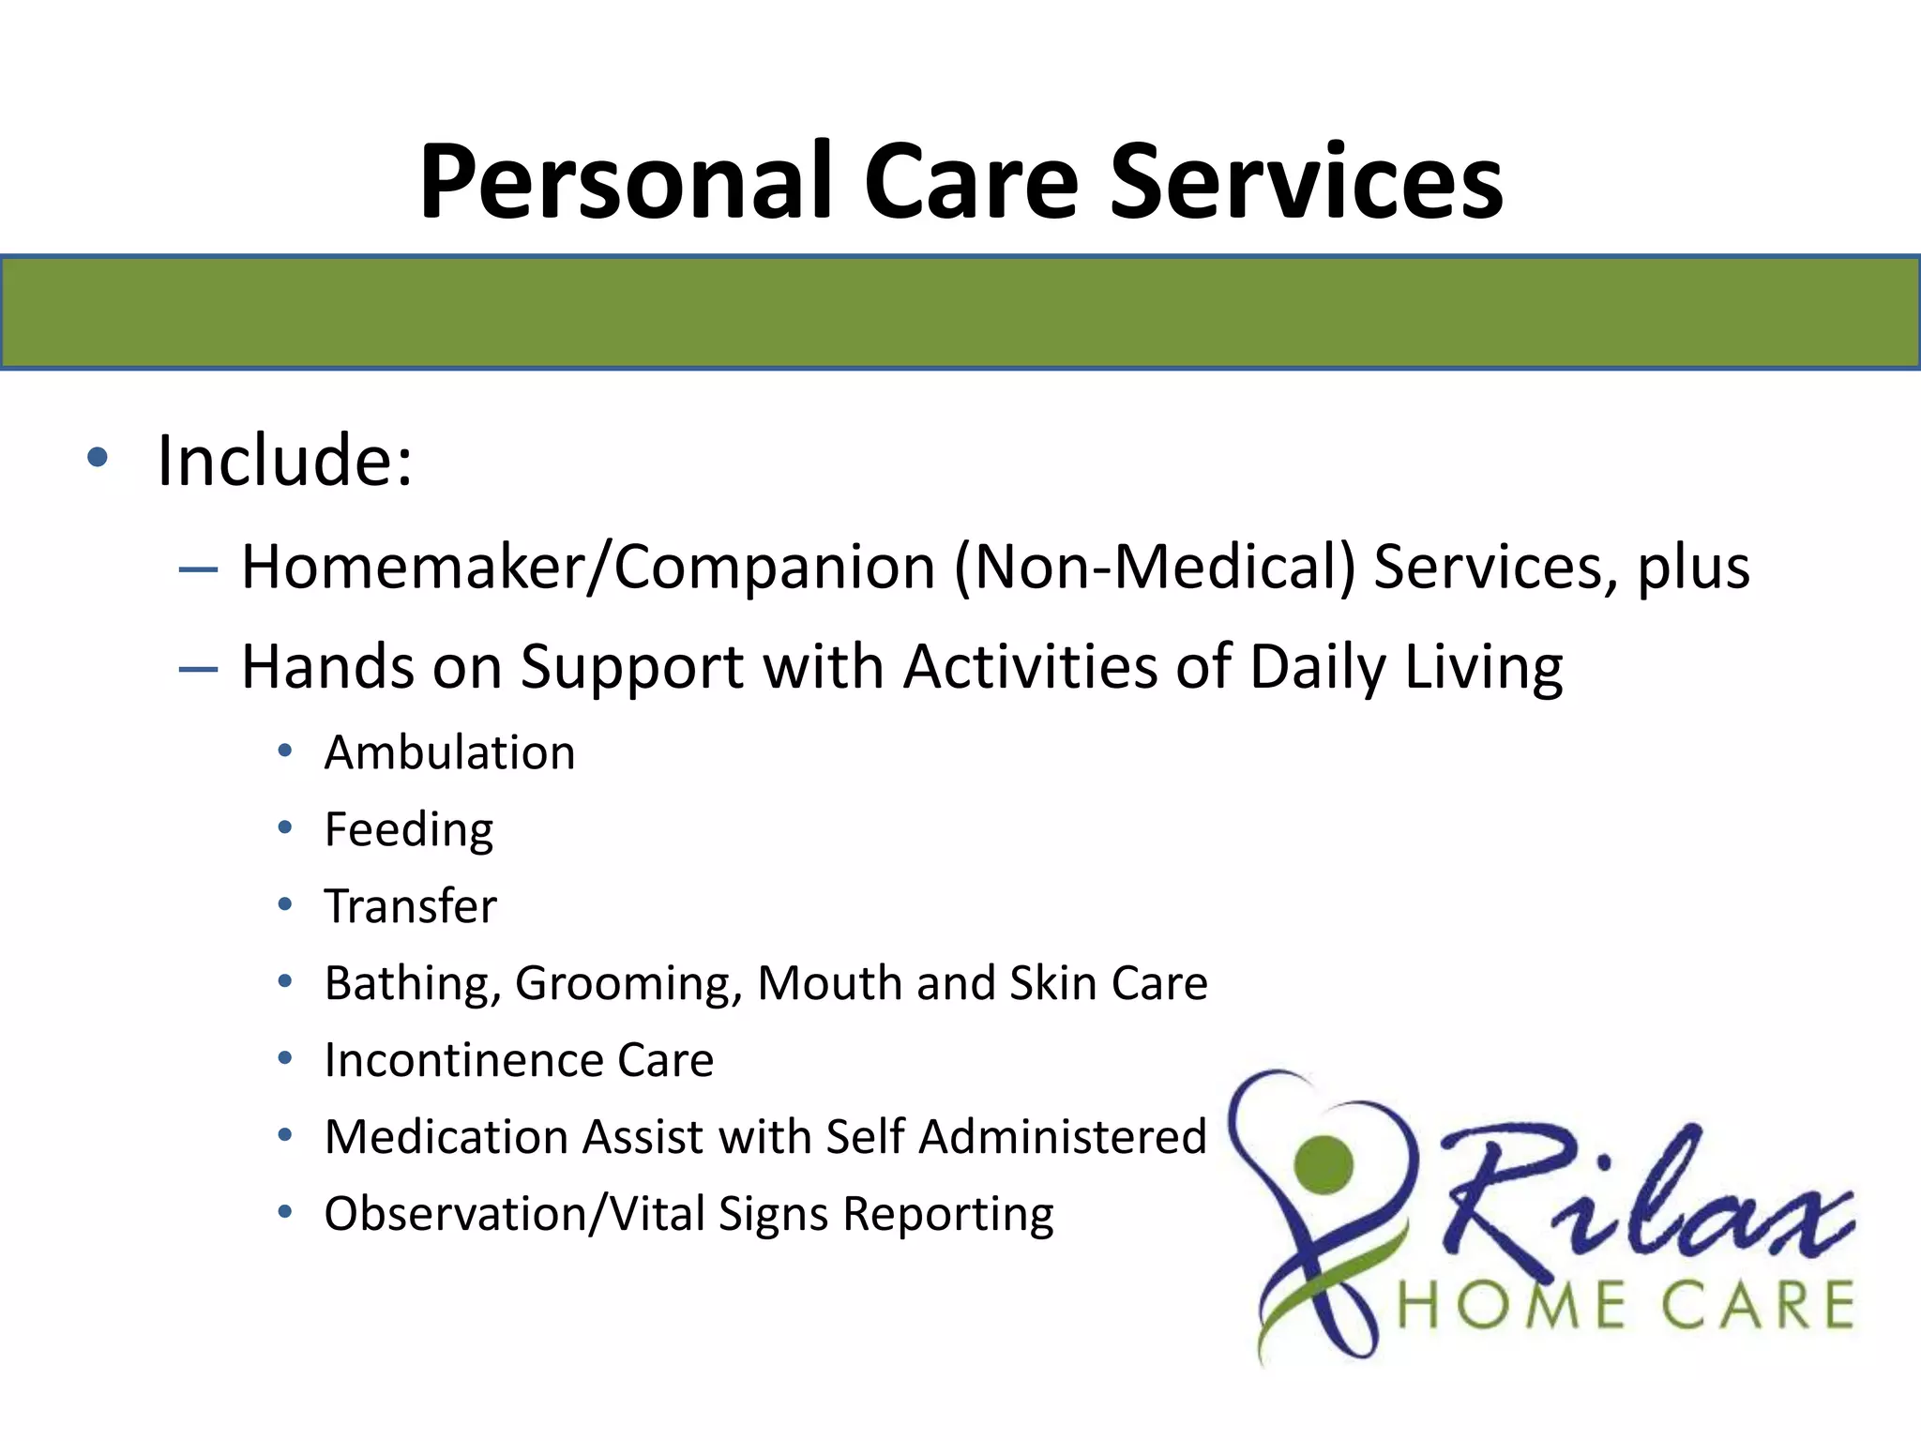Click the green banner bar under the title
point(960,312)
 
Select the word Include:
point(284,461)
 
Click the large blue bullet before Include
point(98,458)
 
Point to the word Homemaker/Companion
point(588,568)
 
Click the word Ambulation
point(449,752)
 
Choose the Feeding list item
point(409,830)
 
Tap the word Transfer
point(410,906)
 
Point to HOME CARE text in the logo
point(1626,1306)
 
